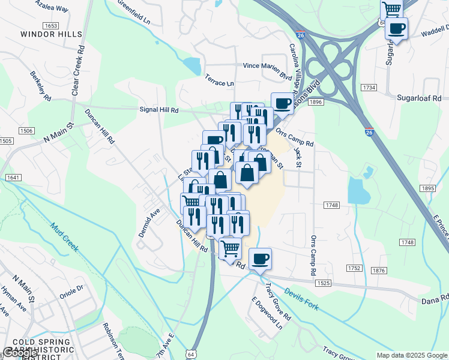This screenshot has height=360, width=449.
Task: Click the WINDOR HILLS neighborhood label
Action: (x=51, y=34)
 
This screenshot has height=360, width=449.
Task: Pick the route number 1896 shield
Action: (x=316, y=103)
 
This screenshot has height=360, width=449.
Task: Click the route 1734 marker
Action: (x=369, y=88)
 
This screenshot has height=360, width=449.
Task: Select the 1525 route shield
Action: (x=323, y=282)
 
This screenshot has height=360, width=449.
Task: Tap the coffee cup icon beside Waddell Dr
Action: (x=396, y=28)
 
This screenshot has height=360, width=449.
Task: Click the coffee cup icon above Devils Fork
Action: (x=260, y=259)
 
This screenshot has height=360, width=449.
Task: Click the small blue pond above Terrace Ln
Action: (x=193, y=65)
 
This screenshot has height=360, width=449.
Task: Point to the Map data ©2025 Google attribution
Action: (x=412, y=355)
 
